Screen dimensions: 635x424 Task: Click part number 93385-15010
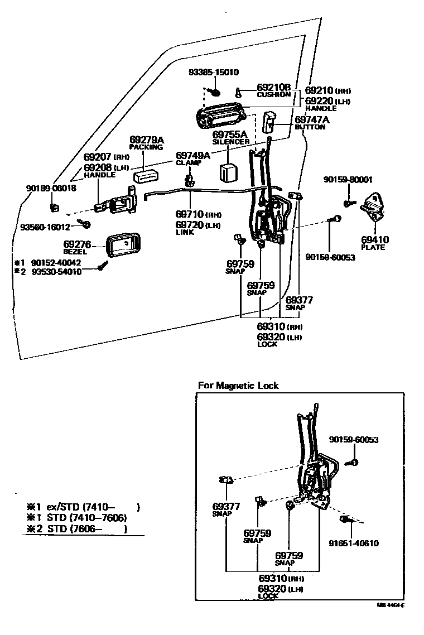214,73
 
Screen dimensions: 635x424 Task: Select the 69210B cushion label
274,88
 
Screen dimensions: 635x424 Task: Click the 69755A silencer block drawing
229,172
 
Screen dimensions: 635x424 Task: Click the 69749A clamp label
192,156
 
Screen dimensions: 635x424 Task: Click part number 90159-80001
348,180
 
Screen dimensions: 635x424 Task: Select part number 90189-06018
51,189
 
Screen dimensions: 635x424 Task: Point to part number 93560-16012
45,227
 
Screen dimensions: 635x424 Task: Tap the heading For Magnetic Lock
238,386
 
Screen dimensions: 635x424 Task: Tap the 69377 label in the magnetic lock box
226,507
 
